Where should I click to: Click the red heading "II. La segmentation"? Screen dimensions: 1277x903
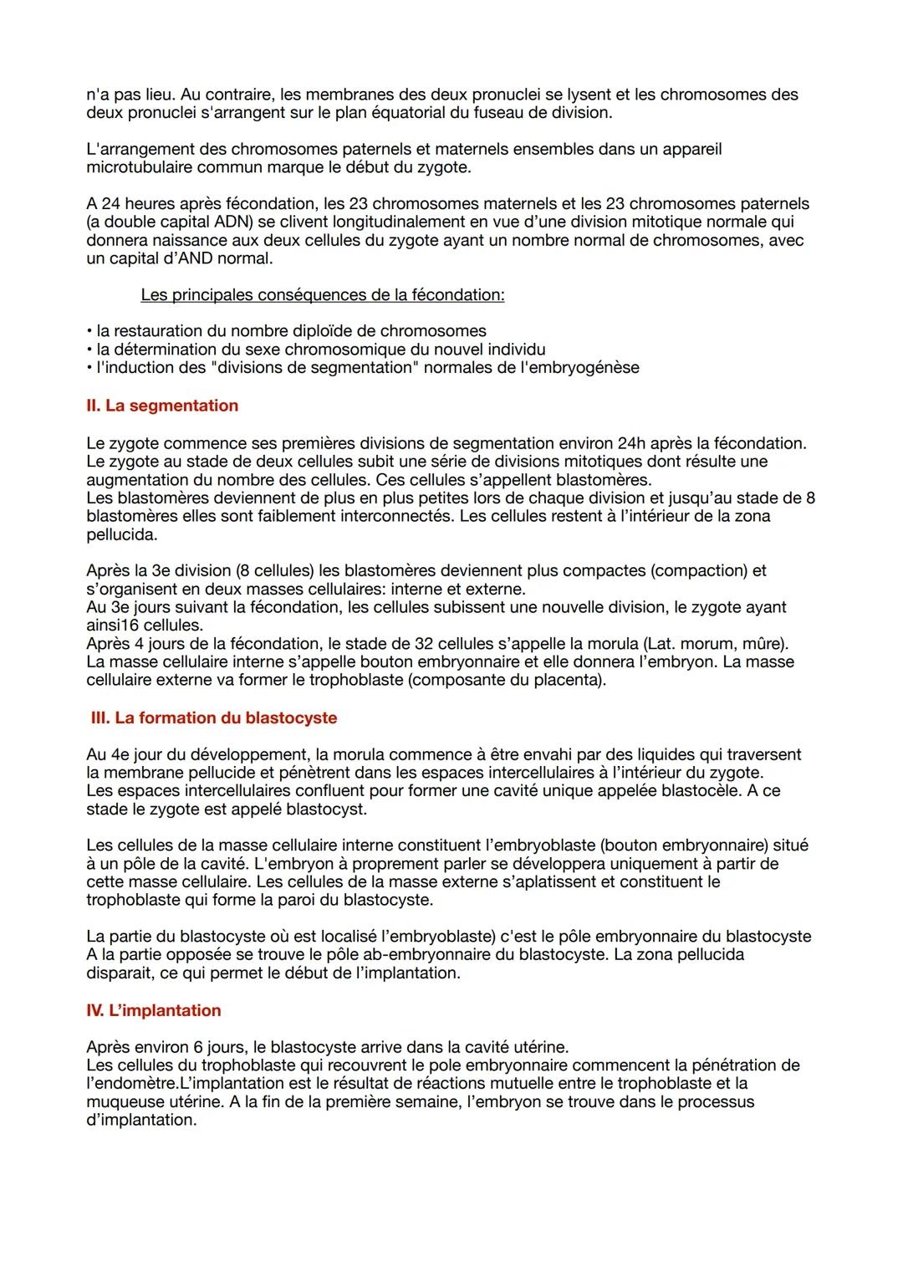[x=162, y=406]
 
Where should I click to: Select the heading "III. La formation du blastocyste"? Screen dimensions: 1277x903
[x=213, y=718]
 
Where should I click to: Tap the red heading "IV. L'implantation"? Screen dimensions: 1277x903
[x=154, y=1010]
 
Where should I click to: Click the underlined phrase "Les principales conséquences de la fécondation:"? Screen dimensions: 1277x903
[x=322, y=295]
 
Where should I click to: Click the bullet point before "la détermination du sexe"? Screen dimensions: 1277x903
[x=89, y=350]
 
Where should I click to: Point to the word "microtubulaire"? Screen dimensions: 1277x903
[x=140, y=167]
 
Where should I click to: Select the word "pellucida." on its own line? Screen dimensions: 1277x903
[x=121, y=534]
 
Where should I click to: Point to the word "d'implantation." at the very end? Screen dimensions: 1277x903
[x=141, y=1120]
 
